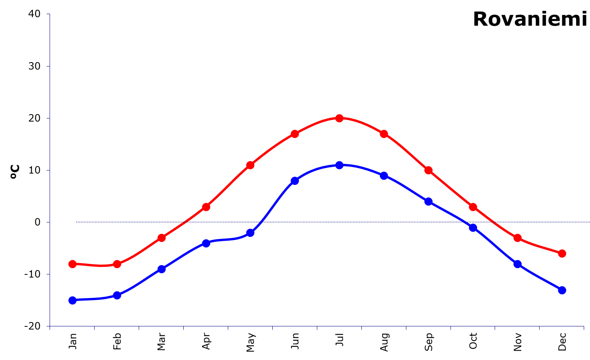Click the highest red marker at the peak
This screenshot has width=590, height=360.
click(x=339, y=118)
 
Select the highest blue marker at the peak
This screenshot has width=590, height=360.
click(x=339, y=165)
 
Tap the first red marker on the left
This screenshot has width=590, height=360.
click(x=72, y=264)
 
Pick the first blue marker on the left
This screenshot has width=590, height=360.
click(x=72, y=300)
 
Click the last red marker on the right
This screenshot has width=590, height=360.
click(x=562, y=253)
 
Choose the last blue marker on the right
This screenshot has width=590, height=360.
click(x=562, y=290)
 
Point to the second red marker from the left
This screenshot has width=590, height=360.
click(x=117, y=264)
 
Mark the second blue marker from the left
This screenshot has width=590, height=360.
click(x=117, y=295)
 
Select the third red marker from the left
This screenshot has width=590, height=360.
click(x=161, y=238)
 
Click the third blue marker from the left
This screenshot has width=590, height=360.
click(x=161, y=269)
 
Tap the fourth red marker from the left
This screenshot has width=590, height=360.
click(x=206, y=207)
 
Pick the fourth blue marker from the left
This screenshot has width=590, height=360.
click(x=206, y=243)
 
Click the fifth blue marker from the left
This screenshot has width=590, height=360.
click(x=250, y=233)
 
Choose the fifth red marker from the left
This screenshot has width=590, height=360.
click(x=250, y=165)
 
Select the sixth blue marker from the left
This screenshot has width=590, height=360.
click(x=295, y=181)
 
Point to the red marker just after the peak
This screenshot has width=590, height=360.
click(x=384, y=134)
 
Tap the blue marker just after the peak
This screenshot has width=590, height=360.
click(x=384, y=176)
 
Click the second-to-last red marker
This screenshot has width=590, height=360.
click(x=517, y=238)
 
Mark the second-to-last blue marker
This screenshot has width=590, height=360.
click(x=517, y=264)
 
